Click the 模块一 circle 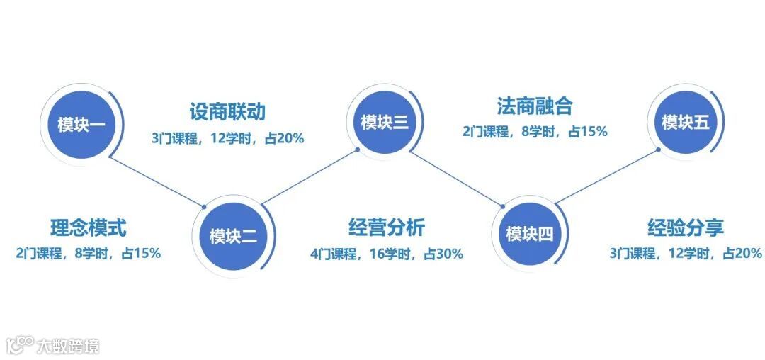[x=81, y=126]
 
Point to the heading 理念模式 [x=89, y=228]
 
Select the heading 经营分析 [x=387, y=227]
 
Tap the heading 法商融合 [x=534, y=106]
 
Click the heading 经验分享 [x=686, y=228]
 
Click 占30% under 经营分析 [x=443, y=253]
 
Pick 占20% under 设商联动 [x=284, y=138]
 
